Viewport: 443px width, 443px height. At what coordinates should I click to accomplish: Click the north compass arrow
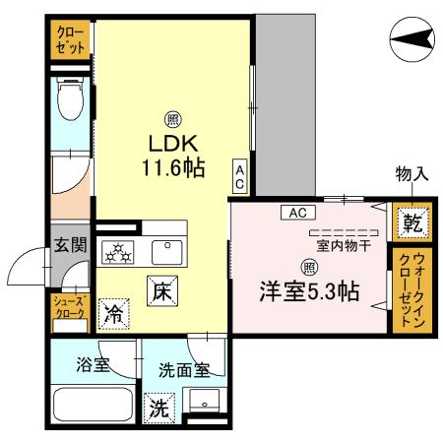[x=411, y=38]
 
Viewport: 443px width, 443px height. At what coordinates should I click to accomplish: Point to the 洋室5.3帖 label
[x=308, y=291]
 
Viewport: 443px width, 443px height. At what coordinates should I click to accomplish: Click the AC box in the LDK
[x=239, y=176]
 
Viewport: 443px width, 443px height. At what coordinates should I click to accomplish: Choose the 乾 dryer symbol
[x=411, y=224]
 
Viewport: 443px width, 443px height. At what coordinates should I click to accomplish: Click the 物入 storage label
[x=411, y=174]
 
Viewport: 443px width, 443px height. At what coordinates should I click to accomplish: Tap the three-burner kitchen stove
[x=121, y=254]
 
